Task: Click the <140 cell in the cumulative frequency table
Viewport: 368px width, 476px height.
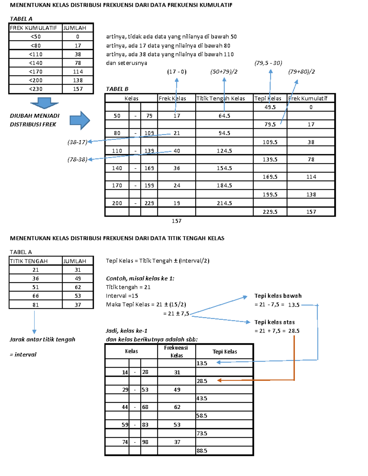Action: point(36,63)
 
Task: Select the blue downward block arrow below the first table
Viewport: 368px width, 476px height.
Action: point(44,103)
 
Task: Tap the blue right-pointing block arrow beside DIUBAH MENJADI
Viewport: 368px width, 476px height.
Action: point(80,120)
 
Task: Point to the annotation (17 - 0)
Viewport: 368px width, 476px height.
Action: point(177,72)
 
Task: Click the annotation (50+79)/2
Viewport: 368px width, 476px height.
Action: point(224,72)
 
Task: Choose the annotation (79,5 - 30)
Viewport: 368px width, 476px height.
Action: point(268,63)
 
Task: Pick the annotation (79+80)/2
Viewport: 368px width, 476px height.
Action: point(301,72)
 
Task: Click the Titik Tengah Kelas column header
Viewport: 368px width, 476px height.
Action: point(220,99)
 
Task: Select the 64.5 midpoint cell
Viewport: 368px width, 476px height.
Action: point(224,116)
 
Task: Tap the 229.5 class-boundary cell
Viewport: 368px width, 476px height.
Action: point(270,212)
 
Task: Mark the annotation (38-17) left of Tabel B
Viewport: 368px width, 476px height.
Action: point(77,142)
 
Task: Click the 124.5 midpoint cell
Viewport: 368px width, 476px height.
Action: point(224,151)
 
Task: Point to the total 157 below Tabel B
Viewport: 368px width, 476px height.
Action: point(176,221)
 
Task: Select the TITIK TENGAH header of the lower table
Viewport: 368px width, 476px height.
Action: point(29,261)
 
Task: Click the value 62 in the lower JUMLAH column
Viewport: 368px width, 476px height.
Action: point(78,287)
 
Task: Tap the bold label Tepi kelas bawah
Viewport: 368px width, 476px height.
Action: point(278,296)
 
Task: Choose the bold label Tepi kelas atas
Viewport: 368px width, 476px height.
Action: point(274,322)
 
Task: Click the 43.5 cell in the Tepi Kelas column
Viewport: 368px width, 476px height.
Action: point(202,398)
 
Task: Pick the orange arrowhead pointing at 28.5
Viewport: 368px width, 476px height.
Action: point(219,380)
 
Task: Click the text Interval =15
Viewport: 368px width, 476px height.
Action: point(122,296)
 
